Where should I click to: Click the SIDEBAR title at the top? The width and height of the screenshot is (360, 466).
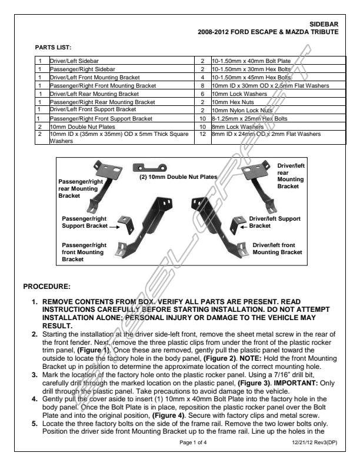325,24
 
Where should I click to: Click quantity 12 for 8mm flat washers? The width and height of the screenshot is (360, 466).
202,134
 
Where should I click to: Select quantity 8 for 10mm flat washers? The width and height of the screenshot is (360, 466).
202,85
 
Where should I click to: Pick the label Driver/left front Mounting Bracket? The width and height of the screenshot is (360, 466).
277,248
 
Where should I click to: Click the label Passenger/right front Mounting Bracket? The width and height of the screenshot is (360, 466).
83,252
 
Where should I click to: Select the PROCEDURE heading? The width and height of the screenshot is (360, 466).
46,287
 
